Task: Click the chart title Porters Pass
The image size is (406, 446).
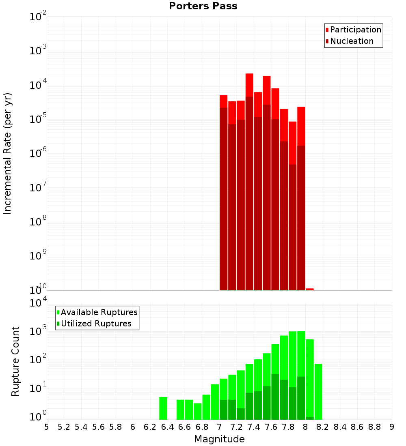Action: (x=203, y=6)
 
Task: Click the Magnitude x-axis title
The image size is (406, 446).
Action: (x=219, y=439)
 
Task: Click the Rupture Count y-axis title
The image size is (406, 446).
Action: (x=15, y=361)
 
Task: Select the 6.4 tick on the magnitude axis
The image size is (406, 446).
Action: (x=167, y=427)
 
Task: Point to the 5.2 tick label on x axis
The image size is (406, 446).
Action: (x=64, y=427)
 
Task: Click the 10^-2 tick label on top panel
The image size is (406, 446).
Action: (x=38, y=17)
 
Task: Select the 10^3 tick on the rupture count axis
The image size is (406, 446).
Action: (x=38, y=331)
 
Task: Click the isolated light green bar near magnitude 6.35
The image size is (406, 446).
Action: (x=163, y=408)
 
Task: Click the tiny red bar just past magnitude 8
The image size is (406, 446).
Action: (x=310, y=289)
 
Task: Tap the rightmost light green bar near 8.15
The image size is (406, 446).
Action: (x=318, y=391)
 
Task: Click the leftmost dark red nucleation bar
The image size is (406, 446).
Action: (x=223, y=199)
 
